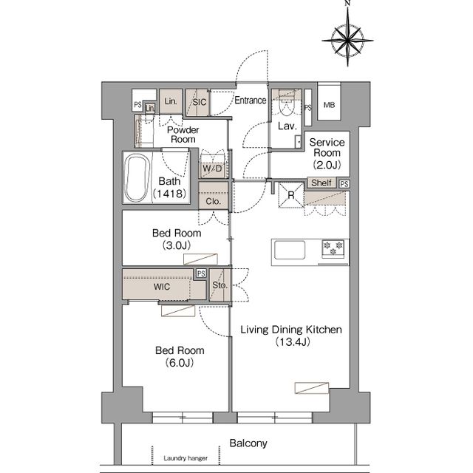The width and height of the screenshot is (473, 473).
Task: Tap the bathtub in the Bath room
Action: point(137,178)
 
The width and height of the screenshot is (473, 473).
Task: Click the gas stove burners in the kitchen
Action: point(333,248)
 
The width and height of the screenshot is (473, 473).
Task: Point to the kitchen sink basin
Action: point(290,250)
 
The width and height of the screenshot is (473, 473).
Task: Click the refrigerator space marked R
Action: point(291,195)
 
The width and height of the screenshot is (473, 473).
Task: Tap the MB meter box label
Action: point(329,105)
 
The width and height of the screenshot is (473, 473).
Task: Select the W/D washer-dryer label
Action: point(212,169)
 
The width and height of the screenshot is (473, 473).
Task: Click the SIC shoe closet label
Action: point(200,102)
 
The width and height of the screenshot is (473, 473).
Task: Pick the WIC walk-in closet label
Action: point(162,287)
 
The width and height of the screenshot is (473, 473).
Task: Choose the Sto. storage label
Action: point(220,285)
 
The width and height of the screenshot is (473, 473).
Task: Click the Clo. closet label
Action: point(214,201)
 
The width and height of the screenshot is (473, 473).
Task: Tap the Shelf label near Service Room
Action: point(321,183)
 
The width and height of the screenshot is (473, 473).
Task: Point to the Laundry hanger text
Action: point(186,458)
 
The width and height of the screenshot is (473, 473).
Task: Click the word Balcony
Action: point(248,443)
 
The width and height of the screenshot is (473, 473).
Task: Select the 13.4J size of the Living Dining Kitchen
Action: point(293,342)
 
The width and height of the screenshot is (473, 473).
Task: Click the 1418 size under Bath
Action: point(170,194)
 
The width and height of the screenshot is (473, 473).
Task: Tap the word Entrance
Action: point(251,101)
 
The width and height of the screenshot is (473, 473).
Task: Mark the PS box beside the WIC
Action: point(201,273)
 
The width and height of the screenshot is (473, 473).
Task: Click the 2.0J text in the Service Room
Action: point(327,165)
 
